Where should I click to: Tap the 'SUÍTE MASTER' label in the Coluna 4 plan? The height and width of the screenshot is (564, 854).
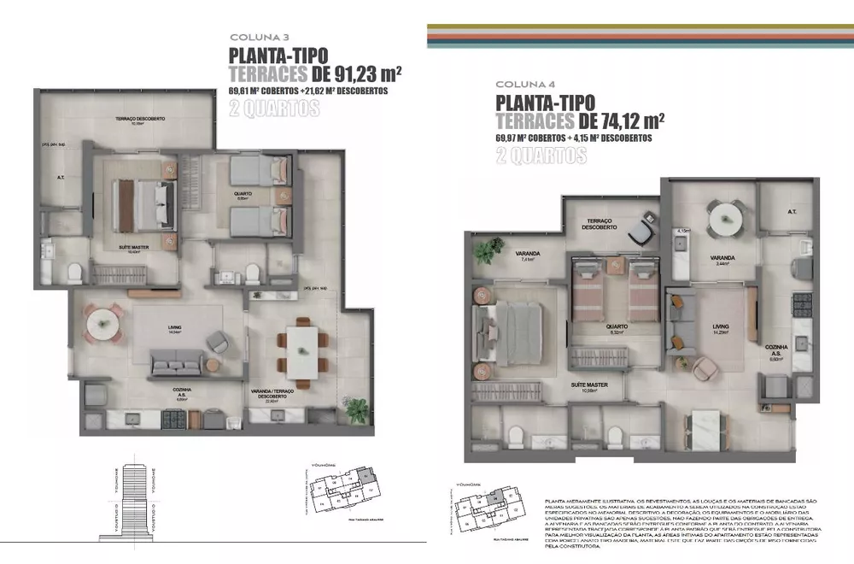pyautogui.click(x=590, y=385)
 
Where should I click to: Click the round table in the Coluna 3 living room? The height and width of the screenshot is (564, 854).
pyautogui.click(x=102, y=324)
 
